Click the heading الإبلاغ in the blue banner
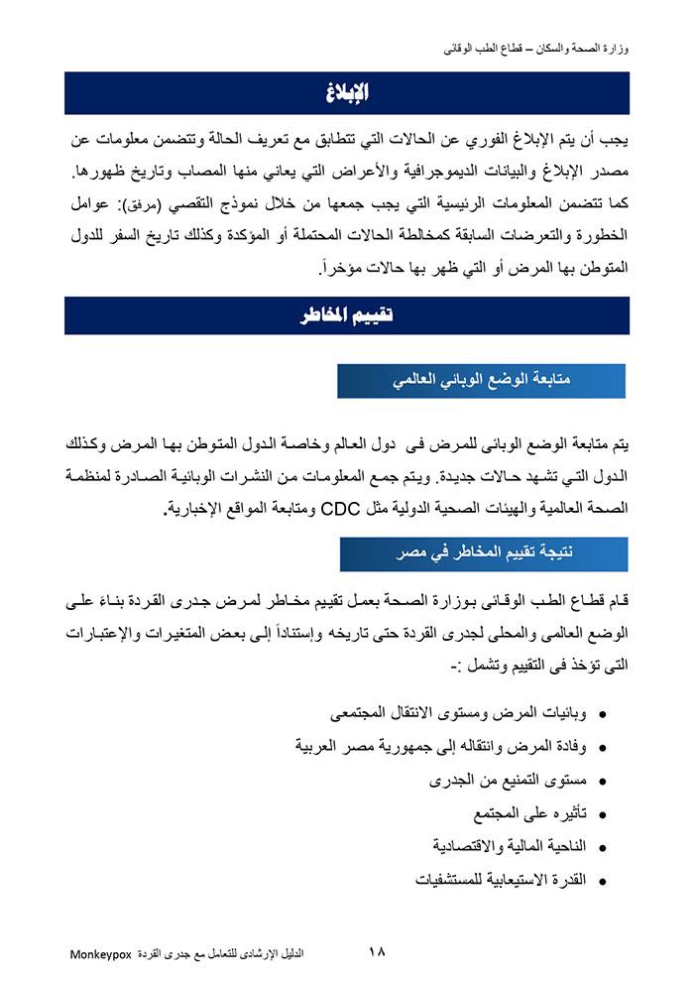click(347, 93)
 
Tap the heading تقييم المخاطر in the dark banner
click(347, 315)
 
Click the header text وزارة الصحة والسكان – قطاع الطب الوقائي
click(534, 47)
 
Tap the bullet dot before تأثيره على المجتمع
click(604, 815)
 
